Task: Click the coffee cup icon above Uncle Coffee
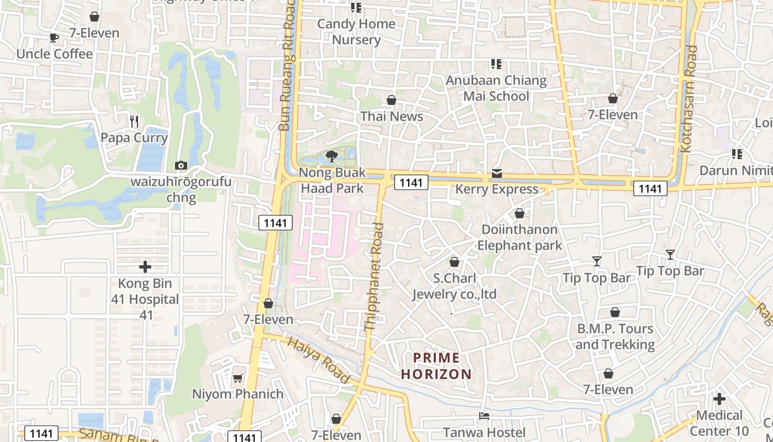(x=54, y=38)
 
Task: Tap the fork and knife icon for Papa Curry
(x=134, y=121)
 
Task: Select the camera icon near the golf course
(x=181, y=165)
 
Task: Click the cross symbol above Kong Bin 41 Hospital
(x=145, y=267)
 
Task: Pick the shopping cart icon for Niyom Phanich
(x=237, y=378)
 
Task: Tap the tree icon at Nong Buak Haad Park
(x=332, y=156)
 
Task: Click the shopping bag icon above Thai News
(x=391, y=100)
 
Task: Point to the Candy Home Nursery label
(x=356, y=31)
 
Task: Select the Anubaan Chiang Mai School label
(x=496, y=88)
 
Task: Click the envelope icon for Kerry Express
(x=496, y=173)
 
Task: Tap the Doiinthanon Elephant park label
(x=520, y=237)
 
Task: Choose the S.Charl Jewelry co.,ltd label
(x=454, y=286)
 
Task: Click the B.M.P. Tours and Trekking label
(x=615, y=336)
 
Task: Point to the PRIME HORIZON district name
(x=436, y=366)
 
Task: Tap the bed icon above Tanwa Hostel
(x=484, y=415)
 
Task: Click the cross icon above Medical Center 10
(x=719, y=398)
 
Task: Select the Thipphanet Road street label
(x=374, y=276)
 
